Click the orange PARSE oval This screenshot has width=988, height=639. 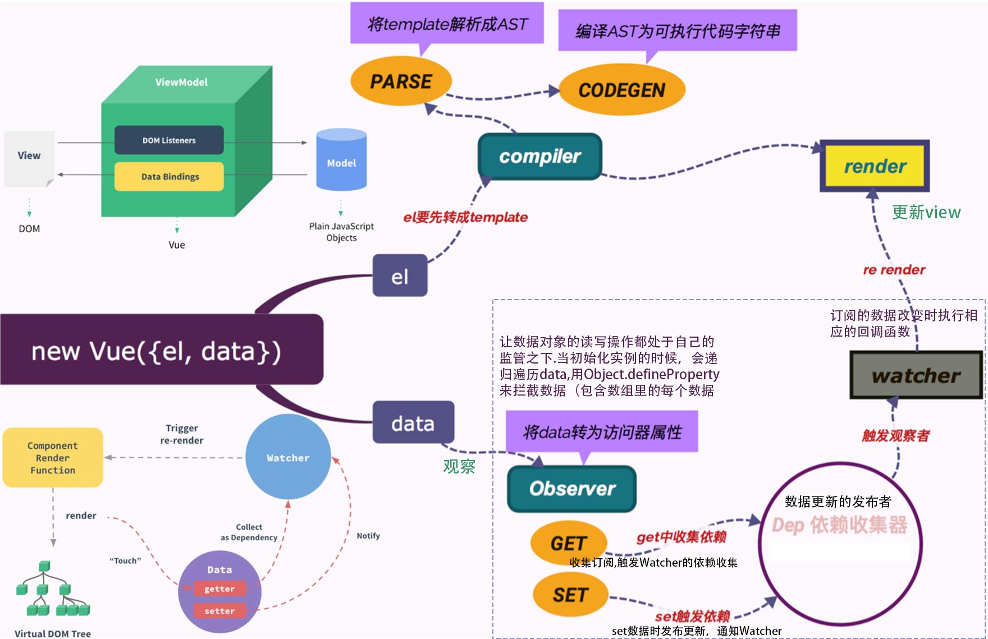click(x=401, y=81)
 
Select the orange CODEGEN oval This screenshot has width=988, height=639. click(x=622, y=90)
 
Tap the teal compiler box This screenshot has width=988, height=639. click(x=539, y=157)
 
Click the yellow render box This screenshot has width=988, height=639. click(x=875, y=166)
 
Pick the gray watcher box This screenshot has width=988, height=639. click(x=916, y=375)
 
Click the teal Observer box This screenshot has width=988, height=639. click(x=571, y=489)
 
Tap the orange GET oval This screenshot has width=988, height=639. click(x=568, y=543)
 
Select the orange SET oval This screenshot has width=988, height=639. click(x=570, y=595)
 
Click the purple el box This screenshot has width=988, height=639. click(x=400, y=276)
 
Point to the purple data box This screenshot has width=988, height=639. click(x=413, y=423)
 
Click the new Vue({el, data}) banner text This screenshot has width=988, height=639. click(x=156, y=352)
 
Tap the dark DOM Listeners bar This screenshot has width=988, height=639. click(x=169, y=140)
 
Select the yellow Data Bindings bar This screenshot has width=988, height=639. click(x=169, y=177)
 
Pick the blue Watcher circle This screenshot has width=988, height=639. click(x=288, y=457)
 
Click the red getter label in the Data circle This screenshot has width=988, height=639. click(x=219, y=589)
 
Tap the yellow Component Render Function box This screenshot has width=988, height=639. click(x=53, y=457)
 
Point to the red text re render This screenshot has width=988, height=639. click(x=894, y=270)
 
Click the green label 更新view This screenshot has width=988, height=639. click(x=926, y=212)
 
